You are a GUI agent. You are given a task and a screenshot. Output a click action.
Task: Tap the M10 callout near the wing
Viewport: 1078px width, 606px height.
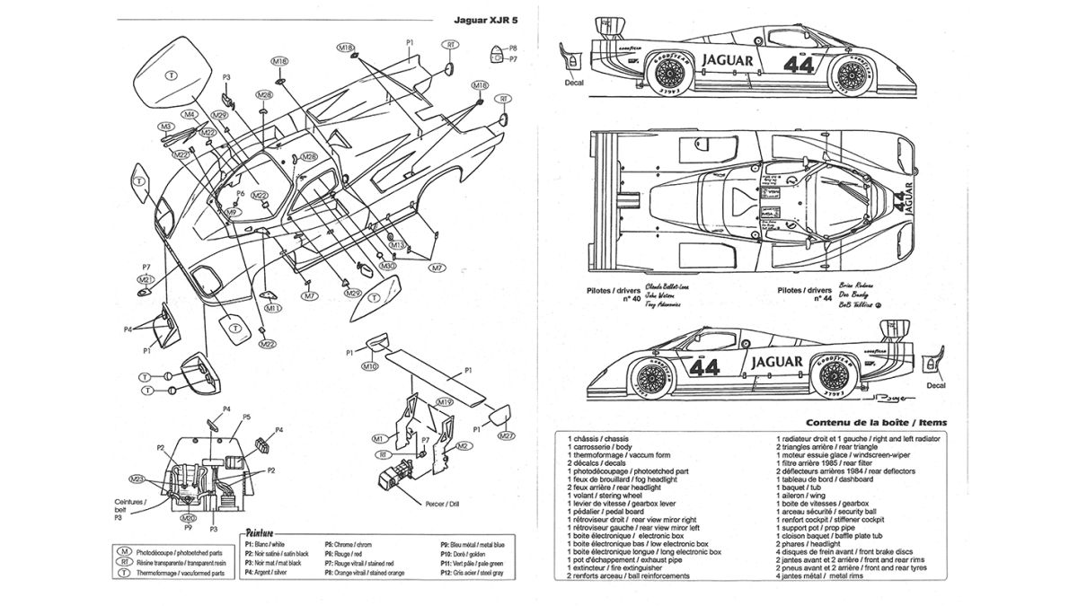[x=369, y=366]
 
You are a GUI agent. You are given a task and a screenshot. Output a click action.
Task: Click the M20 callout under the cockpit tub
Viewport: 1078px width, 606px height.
[x=188, y=518]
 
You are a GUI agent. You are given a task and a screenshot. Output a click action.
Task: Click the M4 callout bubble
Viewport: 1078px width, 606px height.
[x=190, y=115]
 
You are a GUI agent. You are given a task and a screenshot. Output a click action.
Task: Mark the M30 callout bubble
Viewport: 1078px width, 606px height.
[x=387, y=266]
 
